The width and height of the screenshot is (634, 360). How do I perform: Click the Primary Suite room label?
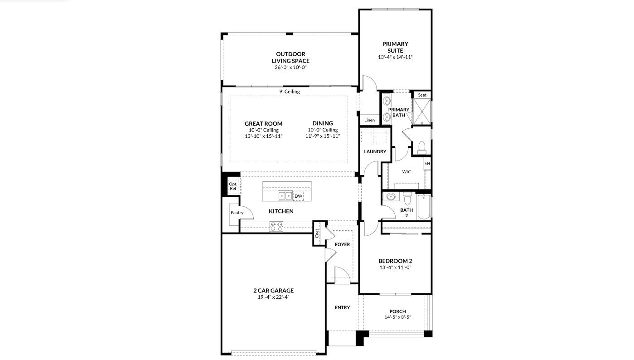[395, 47]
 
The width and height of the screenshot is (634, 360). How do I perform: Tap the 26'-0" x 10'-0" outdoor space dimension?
[290, 68]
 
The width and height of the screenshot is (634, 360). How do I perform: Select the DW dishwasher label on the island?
[298, 196]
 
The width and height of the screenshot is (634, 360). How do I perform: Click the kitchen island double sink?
[285, 196]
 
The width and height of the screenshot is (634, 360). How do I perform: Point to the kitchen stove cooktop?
[276, 227]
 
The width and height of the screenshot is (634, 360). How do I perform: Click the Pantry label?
[237, 213]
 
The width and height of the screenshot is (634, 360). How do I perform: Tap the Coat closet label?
[317, 233]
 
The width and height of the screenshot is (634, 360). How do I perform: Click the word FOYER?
[342, 244]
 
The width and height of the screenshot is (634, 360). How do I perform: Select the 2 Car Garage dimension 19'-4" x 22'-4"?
[273, 297]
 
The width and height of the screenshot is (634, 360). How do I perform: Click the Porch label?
[397, 311]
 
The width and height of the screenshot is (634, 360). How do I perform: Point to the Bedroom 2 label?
[395, 261]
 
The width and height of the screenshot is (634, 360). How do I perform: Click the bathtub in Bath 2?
[423, 207]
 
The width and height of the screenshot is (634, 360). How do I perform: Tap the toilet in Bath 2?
[407, 198]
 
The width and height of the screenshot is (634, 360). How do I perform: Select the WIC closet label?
[407, 172]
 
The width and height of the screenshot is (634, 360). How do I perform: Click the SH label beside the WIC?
[427, 163]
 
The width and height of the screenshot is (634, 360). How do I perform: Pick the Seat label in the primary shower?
[422, 95]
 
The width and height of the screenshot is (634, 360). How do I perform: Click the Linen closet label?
[369, 120]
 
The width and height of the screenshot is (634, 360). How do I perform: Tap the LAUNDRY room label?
[375, 151]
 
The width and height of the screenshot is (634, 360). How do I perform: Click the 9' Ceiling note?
[289, 92]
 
